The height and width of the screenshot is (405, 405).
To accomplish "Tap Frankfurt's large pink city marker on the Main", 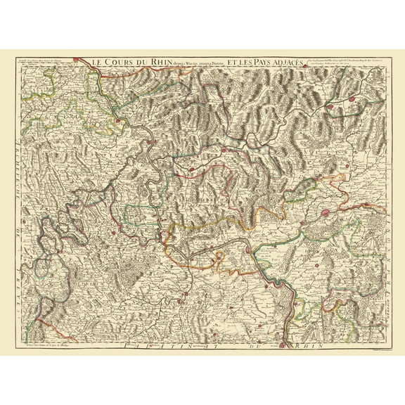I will [x=325, y=212].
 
